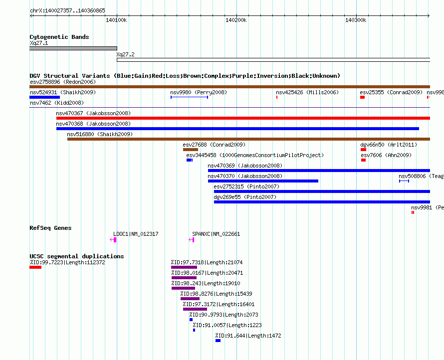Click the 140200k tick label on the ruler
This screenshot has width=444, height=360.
(x=236, y=20)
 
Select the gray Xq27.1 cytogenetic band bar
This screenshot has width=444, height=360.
(x=73, y=48)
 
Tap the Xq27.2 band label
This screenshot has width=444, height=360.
(x=125, y=54)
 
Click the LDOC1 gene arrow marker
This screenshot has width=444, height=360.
(x=113, y=240)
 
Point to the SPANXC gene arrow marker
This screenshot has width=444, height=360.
(x=192, y=240)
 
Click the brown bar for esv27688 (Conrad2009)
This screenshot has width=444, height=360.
(x=190, y=150)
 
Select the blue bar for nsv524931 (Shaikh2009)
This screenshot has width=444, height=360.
(x=44, y=97)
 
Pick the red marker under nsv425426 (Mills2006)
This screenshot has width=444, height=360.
(x=277, y=97)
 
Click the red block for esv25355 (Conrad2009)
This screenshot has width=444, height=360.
(x=362, y=97)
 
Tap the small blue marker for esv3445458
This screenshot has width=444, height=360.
(x=190, y=160)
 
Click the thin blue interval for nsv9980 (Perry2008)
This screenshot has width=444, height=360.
(x=189, y=97)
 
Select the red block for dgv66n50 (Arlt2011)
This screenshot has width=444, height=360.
(x=363, y=150)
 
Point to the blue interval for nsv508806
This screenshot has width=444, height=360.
(x=404, y=181)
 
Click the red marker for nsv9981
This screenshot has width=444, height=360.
(x=413, y=212)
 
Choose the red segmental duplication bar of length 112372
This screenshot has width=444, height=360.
(x=35, y=267)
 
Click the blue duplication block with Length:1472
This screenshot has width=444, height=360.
(x=218, y=341)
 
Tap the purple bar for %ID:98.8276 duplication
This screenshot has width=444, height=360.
(x=190, y=299)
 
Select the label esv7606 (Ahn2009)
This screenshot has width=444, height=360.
(x=386, y=155)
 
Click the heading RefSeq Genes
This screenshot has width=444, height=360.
(x=50, y=228)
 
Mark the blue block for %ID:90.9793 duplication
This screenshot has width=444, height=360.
(x=191, y=320)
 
